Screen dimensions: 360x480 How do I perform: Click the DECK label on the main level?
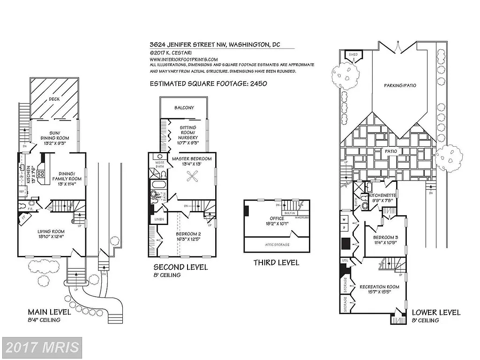(x=54, y=99)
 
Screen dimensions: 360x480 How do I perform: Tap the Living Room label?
(x=51, y=232)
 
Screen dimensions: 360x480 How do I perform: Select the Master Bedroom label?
(x=192, y=158)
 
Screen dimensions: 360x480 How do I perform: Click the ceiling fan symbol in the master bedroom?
(x=192, y=176)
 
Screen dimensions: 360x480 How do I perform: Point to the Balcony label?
(x=184, y=108)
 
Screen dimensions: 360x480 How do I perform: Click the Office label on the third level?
(x=277, y=218)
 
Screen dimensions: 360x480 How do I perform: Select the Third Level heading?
(x=276, y=262)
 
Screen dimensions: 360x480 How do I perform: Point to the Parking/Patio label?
(x=400, y=85)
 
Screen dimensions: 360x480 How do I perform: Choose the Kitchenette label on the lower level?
(x=383, y=195)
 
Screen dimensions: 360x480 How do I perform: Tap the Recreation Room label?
(x=379, y=287)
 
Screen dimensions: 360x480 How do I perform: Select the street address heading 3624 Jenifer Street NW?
(x=215, y=45)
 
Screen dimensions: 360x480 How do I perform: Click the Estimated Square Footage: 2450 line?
(x=208, y=84)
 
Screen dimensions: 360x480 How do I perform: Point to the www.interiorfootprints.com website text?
(x=184, y=60)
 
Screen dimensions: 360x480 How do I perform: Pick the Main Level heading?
(x=49, y=312)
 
